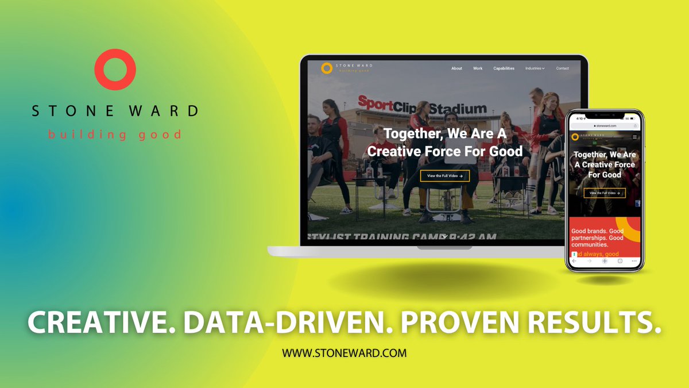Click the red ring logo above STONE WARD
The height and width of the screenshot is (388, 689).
tap(115, 70)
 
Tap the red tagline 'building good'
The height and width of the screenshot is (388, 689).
tap(115, 135)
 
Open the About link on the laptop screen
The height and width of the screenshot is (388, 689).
tap(456, 68)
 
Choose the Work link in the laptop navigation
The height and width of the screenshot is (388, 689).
tap(478, 68)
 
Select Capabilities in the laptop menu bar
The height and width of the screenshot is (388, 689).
tap(504, 68)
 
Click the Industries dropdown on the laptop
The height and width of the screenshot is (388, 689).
tap(535, 68)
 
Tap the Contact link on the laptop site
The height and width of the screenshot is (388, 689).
tap(562, 68)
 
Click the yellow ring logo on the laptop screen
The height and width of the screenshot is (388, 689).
tap(327, 68)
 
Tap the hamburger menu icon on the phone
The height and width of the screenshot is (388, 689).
tap(634, 137)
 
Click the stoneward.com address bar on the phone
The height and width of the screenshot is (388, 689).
tap(605, 125)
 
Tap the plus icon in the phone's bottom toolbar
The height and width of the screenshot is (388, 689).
tap(605, 261)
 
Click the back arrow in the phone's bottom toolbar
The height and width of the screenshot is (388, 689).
tap(574, 261)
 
